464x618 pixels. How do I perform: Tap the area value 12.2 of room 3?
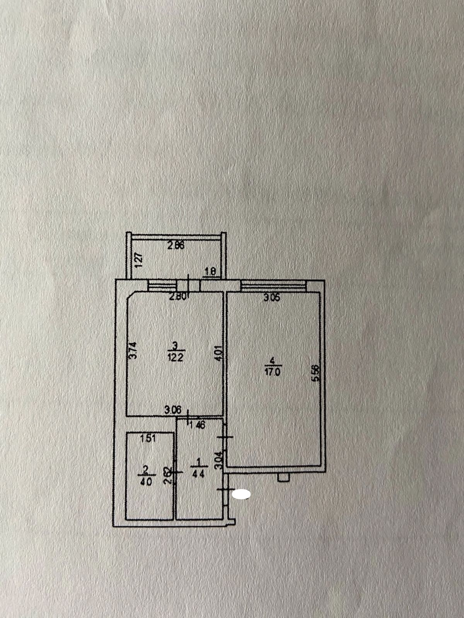[x=175, y=357]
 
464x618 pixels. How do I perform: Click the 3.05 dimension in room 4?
[x=271, y=298]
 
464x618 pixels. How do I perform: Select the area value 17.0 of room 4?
[x=273, y=373]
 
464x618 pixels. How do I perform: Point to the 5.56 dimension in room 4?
[x=316, y=373]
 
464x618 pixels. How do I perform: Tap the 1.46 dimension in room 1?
[x=198, y=425]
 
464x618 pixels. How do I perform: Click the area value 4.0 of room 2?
[x=145, y=482]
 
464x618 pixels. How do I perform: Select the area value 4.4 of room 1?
[x=198, y=474]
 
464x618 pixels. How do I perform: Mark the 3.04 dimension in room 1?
[x=219, y=461]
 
